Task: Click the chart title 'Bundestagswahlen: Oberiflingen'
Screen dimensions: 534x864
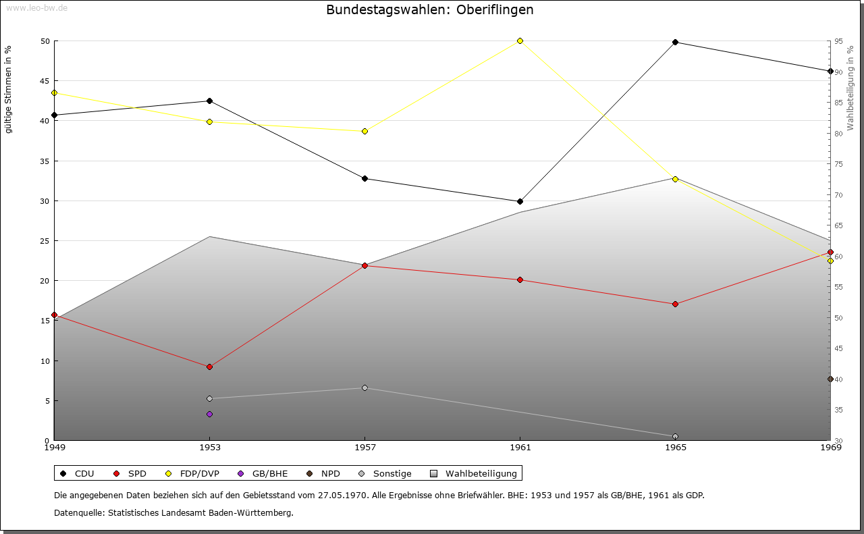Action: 429,10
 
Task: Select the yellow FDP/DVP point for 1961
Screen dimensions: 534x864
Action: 520,41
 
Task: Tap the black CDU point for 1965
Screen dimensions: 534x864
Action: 675,43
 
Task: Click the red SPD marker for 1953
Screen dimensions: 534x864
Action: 209,367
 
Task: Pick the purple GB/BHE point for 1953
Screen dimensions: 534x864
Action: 209,414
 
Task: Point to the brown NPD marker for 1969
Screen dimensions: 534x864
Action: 830,379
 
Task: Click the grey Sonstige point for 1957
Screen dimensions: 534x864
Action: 364,388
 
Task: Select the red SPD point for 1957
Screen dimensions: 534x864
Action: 364,265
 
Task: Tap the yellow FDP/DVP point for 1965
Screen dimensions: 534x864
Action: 675,179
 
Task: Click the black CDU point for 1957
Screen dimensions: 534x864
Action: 364,178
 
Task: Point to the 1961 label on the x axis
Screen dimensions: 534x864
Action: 520,447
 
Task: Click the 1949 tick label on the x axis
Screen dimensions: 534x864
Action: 54,447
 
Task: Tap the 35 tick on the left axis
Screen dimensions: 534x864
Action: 45,161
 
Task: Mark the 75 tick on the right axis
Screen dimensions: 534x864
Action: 838,164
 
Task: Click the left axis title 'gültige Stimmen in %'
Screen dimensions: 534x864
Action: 9,89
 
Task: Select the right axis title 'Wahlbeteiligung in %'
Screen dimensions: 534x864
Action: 850,88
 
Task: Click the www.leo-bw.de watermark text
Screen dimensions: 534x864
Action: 36,7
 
